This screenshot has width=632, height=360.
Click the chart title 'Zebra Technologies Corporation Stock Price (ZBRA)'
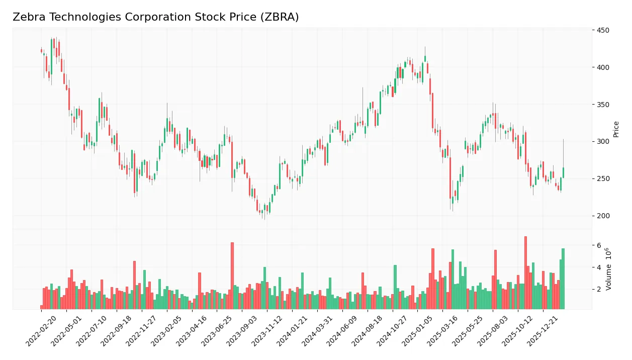(x=155, y=17)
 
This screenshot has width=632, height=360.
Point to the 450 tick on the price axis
(x=602, y=30)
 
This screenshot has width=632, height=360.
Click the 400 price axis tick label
(x=602, y=67)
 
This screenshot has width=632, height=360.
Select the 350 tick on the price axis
(x=602, y=105)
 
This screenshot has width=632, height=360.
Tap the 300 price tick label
(x=602, y=142)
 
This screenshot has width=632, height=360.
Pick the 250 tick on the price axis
(x=602, y=179)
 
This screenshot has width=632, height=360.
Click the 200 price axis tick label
(x=602, y=216)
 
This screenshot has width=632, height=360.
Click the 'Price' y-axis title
(x=616, y=129)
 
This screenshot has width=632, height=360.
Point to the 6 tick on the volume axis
(x=599, y=245)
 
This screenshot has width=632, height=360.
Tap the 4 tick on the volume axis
(x=599, y=267)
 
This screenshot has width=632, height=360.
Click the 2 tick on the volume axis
(x=599, y=290)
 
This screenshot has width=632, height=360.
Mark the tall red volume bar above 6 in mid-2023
(x=232, y=276)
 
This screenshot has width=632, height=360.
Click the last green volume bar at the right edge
(x=563, y=279)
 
